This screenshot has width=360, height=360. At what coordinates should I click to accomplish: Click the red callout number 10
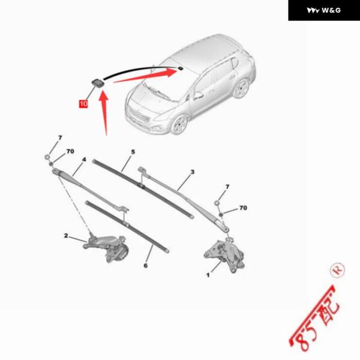point(83,104)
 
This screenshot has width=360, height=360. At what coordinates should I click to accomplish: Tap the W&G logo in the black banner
point(324,10)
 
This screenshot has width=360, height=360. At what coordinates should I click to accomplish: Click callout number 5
point(133,152)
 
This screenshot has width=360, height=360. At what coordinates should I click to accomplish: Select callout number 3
point(193,172)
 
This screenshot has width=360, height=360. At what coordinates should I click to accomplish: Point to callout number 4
point(84,160)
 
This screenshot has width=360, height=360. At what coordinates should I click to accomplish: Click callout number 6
point(146,266)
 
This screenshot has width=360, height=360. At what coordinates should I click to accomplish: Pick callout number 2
point(66,236)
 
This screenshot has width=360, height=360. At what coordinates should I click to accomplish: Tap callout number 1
point(208,275)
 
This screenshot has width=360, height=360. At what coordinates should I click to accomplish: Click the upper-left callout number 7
point(60,138)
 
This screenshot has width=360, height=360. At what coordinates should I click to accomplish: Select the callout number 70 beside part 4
point(70,151)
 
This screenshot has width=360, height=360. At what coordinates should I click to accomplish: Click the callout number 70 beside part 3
point(243,208)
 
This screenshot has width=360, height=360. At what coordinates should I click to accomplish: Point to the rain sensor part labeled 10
point(98,83)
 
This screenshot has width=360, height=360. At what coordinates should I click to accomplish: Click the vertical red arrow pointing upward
point(104,113)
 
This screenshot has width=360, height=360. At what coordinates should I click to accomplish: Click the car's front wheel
point(179,124)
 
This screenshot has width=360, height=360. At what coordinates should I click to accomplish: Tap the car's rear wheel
point(241,88)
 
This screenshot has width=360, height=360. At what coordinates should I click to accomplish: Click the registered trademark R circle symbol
point(337,270)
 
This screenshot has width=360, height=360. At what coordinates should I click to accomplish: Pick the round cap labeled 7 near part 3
point(217,203)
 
